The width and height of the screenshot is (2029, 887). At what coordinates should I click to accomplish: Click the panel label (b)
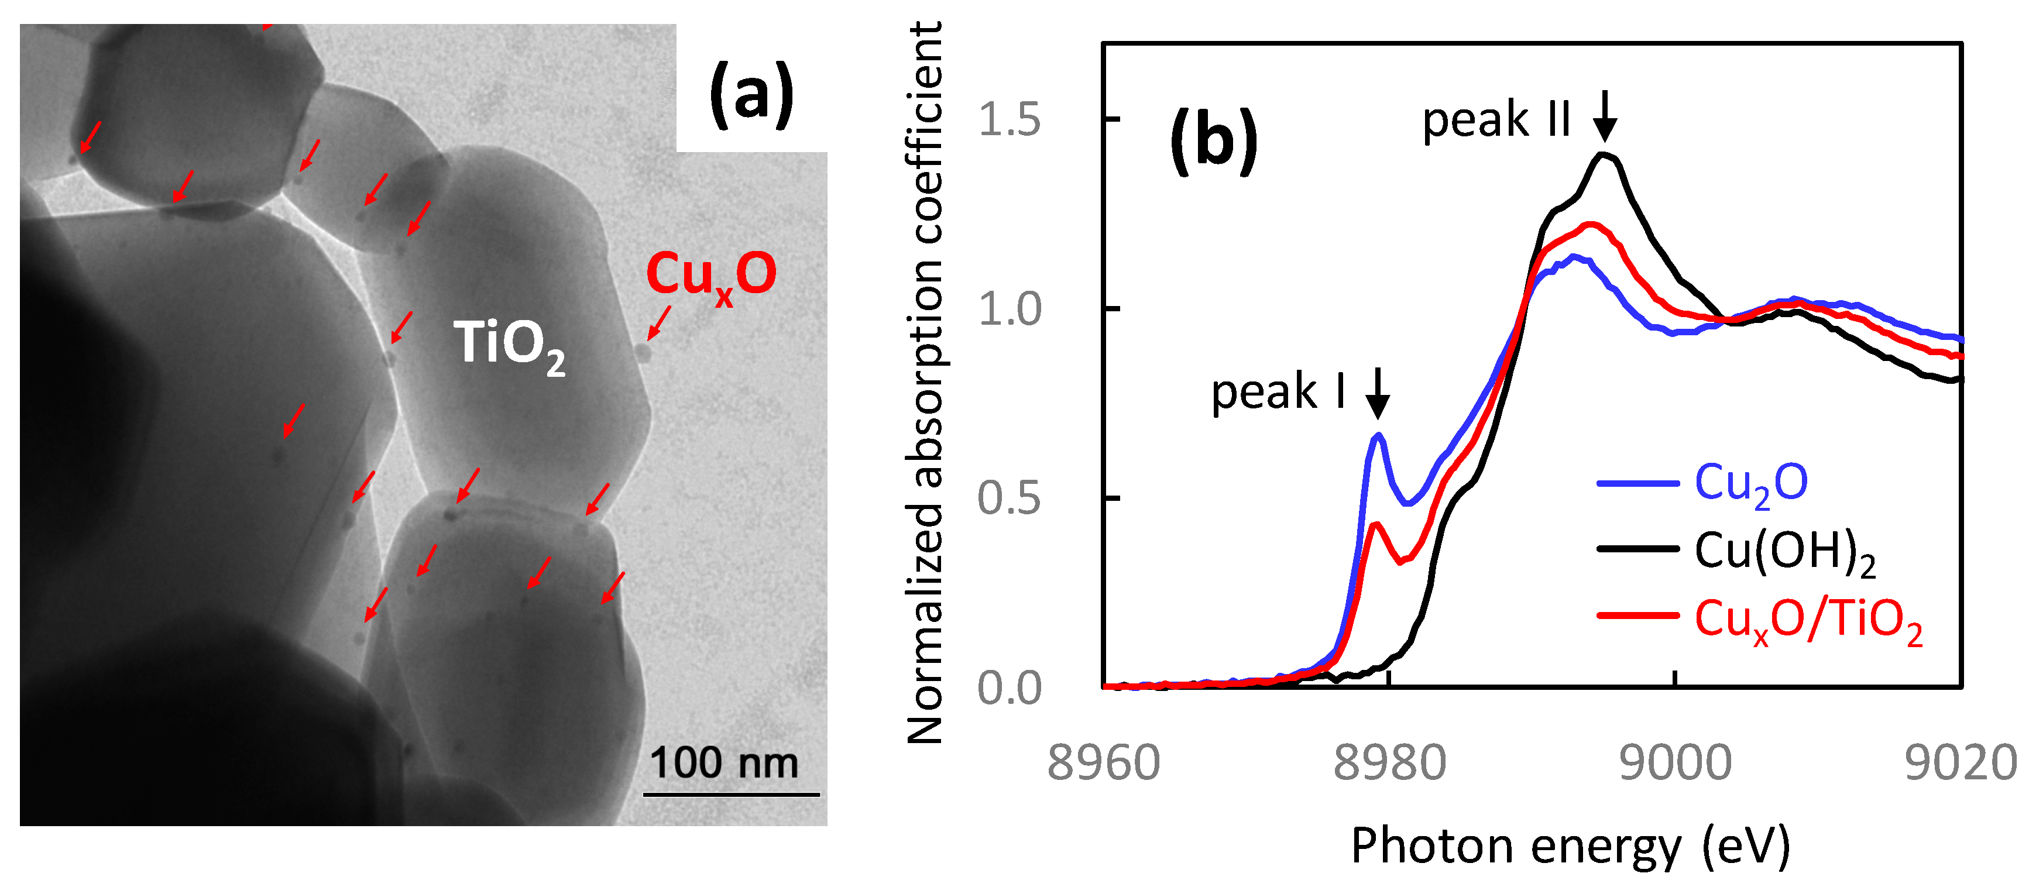point(1214,142)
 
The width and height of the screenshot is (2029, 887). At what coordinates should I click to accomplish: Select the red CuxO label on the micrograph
point(710,276)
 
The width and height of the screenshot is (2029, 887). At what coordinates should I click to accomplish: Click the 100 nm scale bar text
point(723,762)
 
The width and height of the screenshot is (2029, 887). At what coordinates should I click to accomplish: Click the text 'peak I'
point(1278,391)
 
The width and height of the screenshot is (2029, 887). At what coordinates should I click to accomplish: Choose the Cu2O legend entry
point(1750,483)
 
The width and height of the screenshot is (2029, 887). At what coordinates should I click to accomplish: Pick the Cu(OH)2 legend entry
point(1783,551)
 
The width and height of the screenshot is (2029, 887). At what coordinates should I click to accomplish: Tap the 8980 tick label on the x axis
point(1389,762)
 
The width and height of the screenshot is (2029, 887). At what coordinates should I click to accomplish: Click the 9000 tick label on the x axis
point(1674,762)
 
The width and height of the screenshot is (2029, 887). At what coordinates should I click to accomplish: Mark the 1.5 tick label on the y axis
point(1009,120)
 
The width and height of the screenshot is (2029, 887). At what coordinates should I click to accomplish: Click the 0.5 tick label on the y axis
point(1009,498)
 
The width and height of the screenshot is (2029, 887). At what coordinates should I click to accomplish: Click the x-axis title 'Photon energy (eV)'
point(1570,846)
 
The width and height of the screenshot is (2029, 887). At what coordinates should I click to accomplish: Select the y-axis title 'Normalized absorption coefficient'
point(925,382)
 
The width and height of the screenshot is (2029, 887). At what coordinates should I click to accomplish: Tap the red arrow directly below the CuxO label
point(660,323)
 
